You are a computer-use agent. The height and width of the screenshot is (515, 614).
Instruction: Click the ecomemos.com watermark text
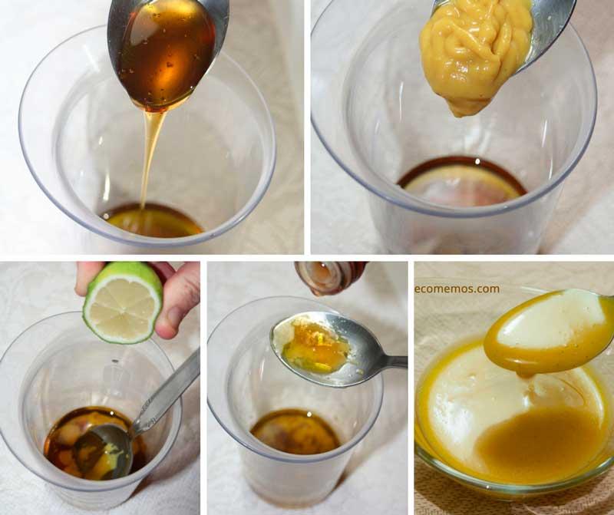click(x=457, y=289)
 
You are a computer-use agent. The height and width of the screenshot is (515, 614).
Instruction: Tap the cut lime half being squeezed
click(x=123, y=302)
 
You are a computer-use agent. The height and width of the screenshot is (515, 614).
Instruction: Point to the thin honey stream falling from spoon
click(x=151, y=154)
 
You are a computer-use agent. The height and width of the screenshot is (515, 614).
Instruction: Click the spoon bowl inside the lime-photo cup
click(x=100, y=453)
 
